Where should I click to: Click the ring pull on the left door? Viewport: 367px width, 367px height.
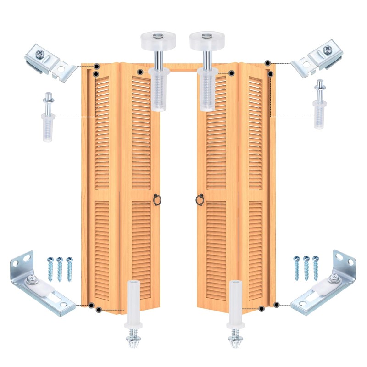[x=157, y=200]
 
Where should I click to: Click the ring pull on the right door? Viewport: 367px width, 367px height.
[x=200, y=200]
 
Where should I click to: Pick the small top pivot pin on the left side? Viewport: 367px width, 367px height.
[x=48, y=117]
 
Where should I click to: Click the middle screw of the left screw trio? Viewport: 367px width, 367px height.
[x=60, y=269]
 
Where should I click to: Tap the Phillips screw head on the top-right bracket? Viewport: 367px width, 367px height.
[x=327, y=50]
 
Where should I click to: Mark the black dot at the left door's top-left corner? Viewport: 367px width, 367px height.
[x=97, y=67]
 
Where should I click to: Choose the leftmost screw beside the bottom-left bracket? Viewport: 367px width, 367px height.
[x=50, y=269]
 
